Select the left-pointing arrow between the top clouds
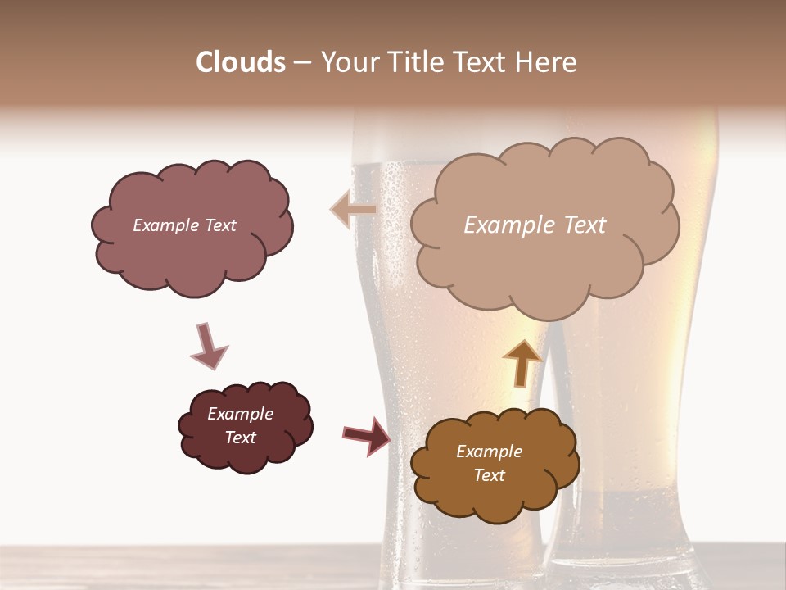(x=353, y=210)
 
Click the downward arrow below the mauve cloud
(x=208, y=347)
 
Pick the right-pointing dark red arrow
(x=367, y=435)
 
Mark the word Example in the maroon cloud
(x=240, y=414)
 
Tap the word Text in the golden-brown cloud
(x=489, y=475)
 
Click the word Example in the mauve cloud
(x=165, y=225)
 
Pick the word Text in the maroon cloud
(x=240, y=438)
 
